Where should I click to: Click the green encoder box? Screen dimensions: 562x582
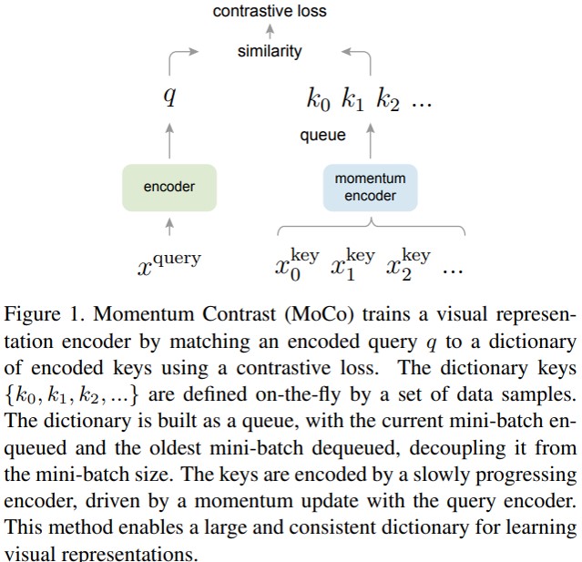[169, 187]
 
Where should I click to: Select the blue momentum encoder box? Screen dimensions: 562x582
[370, 187]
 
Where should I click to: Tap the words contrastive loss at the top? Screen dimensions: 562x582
[270, 12]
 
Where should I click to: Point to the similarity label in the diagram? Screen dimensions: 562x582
[270, 52]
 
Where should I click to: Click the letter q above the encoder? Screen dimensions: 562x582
[169, 97]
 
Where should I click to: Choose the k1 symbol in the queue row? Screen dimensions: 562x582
[352, 100]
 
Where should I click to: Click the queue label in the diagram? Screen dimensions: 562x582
[323, 136]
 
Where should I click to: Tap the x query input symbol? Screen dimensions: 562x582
[169, 262]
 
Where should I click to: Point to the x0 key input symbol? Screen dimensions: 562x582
[297, 262]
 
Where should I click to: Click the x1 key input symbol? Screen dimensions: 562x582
[352, 262]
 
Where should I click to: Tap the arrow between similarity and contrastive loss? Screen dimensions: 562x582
[270, 32]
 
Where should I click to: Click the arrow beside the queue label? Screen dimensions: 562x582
[370, 137]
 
